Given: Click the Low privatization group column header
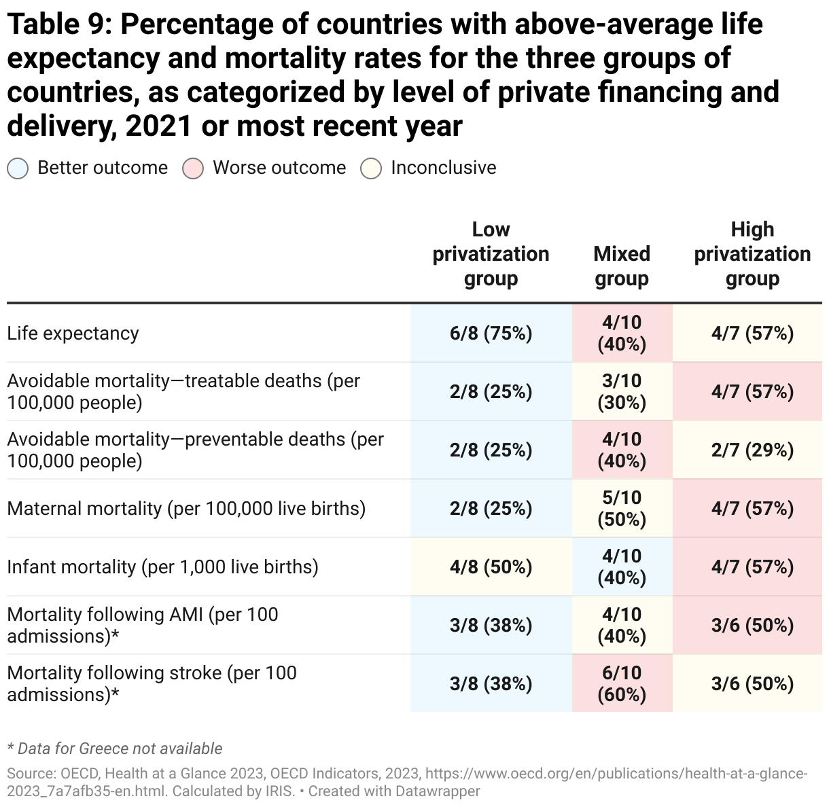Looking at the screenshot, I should point(491,254).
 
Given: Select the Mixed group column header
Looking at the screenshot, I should point(622,266).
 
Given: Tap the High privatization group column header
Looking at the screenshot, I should point(752,254).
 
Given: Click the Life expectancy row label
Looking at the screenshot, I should point(73,334).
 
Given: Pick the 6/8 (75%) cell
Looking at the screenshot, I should point(491,334).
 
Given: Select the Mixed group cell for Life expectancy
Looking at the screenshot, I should point(622,334).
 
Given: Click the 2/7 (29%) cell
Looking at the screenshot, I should point(752,450).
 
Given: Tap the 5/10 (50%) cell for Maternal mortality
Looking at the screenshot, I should point(622,509).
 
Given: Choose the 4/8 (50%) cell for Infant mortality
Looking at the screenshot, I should point(491,567).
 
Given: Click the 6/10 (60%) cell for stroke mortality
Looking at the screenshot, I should point(622,684).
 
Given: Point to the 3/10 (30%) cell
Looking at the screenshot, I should point(622,392).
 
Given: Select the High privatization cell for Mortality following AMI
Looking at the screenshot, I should point(752,626).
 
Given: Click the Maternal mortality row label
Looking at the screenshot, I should point(186,509).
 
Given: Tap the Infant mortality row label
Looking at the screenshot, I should point(162,567).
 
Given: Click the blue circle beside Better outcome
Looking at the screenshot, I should point(18,168).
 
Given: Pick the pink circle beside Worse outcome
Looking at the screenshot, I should point(193,168).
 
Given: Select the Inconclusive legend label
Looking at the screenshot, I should point(443,168).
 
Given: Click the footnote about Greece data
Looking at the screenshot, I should point(114,749).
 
